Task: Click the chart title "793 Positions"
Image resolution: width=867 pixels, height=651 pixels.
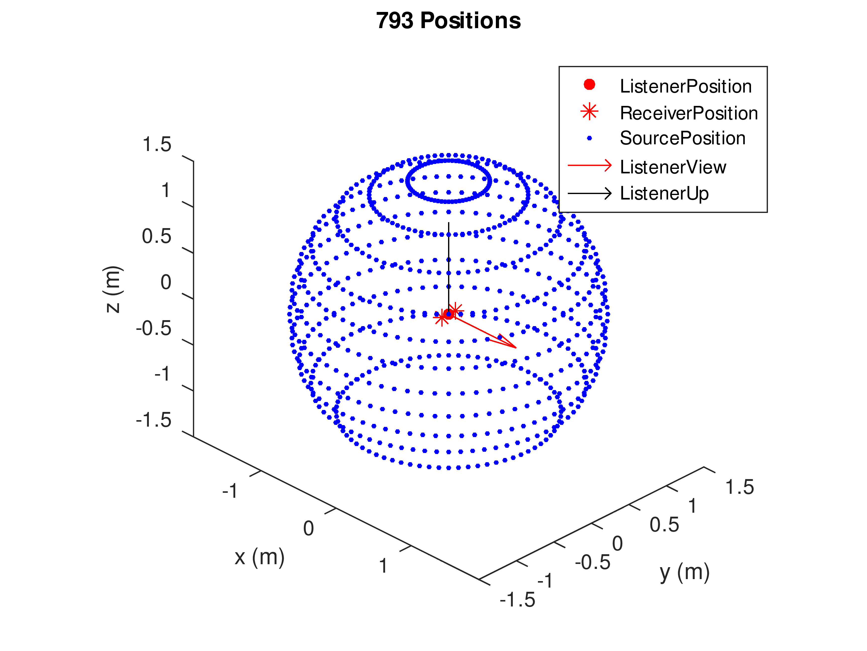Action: click(x=448, y=20)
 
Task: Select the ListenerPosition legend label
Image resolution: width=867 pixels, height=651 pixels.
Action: click(x=686, y=86)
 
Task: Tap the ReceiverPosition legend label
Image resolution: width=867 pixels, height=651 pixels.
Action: click(x=689, y=113)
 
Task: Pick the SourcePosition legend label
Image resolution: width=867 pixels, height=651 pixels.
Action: click(x=682, y=138)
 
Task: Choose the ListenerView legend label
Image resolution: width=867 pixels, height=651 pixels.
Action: click(x=673, y=167)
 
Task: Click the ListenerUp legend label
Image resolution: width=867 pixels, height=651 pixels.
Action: click(x=664, y=194)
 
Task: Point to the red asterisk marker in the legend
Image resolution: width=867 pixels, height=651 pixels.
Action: click(x=589, y=112)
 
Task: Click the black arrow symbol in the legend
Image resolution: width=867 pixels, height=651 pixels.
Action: click(x=589, y=194)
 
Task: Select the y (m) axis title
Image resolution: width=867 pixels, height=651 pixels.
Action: click(x=684, y=572)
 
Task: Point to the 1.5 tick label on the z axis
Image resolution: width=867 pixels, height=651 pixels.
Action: click(x=157, y=145)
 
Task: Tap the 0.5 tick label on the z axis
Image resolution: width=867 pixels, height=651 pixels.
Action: click(x=157, y=237)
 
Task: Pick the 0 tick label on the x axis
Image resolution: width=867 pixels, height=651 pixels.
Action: click(x=308, y=528)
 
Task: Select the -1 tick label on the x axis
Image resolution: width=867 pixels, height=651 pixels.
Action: click(x=230, y=491)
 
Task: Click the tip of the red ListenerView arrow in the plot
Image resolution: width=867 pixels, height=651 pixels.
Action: click(x=516, y=348)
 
